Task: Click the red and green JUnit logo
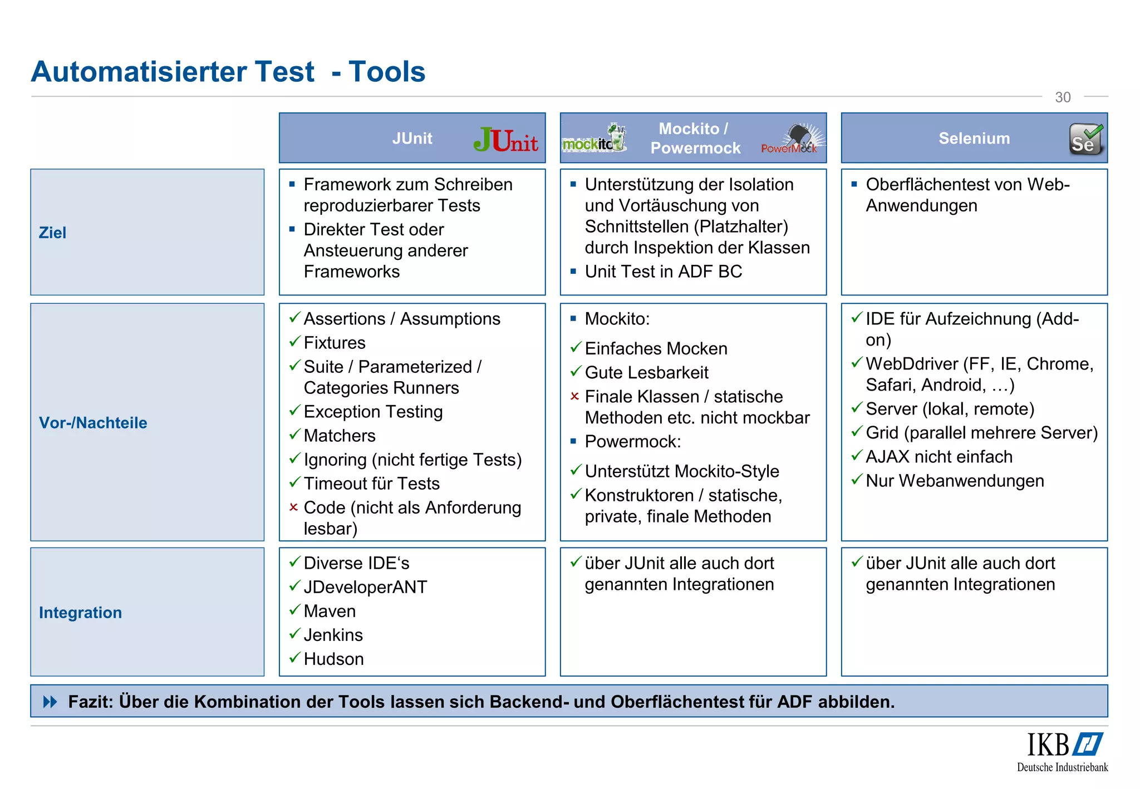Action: pos(505,140)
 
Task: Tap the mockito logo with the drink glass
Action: pos(594,139)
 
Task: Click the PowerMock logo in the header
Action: pos(791,140)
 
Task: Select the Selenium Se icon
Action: pos(1085,139)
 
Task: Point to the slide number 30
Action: pos(1063,97)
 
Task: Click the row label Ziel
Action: pos(52,233)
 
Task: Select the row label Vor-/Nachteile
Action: pos(93,423)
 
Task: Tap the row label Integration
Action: pos(80,613)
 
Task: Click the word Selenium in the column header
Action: pos(974,139)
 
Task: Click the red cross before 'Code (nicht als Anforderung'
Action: pos(294,507)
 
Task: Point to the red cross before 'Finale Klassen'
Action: pos(575,396)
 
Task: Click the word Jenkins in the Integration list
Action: pos(333,635)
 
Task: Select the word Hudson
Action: pos(333,659)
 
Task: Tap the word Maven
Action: pos(330,611)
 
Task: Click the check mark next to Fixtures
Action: pos(294,342)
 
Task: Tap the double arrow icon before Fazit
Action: pos(50,702)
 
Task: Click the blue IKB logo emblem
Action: pos(1088,744)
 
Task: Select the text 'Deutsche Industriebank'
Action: pos(1062,767)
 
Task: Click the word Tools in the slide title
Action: pos(387,72)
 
